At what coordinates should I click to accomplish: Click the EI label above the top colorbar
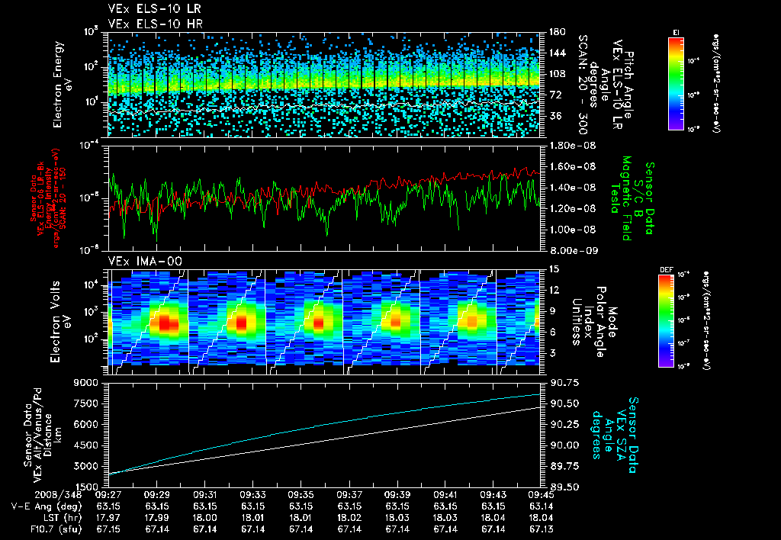[676, 31]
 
